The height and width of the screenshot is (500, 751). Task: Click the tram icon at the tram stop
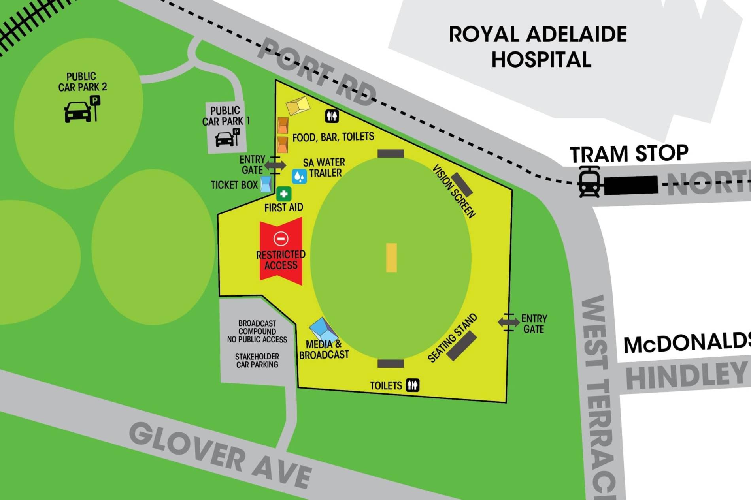coord(589,182)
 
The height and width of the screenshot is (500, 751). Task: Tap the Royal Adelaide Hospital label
coord(538,47)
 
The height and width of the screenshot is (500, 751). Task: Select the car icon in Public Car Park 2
coord(77,112)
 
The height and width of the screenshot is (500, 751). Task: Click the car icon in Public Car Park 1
coord(224,139)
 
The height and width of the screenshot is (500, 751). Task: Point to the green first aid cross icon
coord(283,194)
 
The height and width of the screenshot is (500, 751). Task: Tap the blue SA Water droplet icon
coord(299,177)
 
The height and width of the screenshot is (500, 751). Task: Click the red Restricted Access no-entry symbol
coord(281,239)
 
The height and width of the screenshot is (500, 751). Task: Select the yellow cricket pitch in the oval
coord(391,258)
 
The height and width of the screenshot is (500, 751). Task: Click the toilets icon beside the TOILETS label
coord(413,385)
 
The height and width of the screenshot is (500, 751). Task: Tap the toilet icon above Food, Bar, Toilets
coord(332,116)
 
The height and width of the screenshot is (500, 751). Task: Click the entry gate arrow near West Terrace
coord(508,322)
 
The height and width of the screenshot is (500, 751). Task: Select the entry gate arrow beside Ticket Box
coord(275,165)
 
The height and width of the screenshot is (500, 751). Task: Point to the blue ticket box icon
coord(266,184)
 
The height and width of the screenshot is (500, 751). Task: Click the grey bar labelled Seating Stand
coord(461,346)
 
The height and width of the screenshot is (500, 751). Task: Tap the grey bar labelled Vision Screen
coord(462,184)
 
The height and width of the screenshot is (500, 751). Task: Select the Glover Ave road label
coord(220,455)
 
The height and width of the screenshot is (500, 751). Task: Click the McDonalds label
coord(687,342)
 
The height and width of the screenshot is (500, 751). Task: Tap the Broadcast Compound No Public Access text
coord(257,331)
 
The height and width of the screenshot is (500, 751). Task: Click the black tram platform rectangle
coord(631,185)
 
